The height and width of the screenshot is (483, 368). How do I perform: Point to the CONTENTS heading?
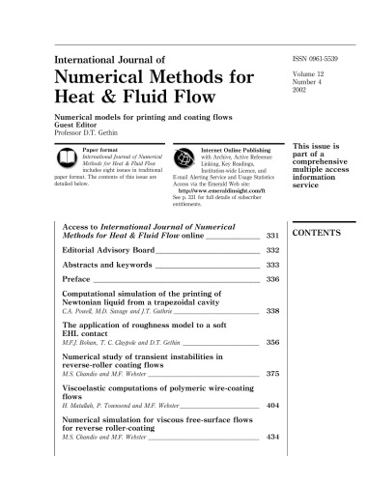tap(318, 235)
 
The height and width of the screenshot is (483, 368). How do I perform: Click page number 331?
tap(272, 235)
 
